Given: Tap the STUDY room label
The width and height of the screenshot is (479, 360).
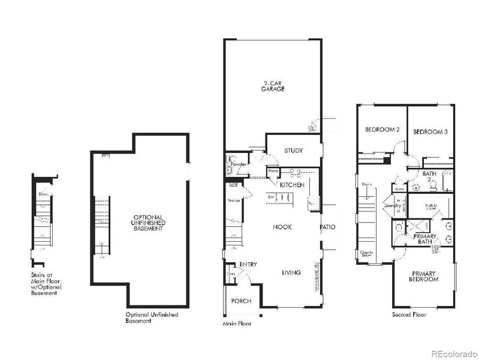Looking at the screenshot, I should tap(293, 151).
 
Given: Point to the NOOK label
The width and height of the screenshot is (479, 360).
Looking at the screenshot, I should tap(282, 227).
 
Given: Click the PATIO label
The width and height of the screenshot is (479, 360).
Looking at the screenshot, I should tap(327, 227).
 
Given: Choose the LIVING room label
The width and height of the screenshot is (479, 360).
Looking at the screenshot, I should tap(291, 272).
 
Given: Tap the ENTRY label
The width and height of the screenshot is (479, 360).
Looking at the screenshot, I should tap(248, 265).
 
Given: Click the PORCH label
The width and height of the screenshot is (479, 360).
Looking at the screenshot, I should tap(241, 301).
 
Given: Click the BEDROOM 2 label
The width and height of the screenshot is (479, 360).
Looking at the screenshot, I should tap(382, 130).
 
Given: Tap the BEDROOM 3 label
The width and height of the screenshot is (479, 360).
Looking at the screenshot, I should tap(430, 131).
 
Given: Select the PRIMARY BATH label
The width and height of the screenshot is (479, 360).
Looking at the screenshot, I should tap(424, 239).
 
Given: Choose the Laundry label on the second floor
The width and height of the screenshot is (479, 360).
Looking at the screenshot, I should tap(393, 205).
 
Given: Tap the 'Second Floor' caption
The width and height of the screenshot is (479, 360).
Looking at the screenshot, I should tap(409, 314).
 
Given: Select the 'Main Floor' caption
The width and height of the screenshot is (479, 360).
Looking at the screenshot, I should tap(236, 323).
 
